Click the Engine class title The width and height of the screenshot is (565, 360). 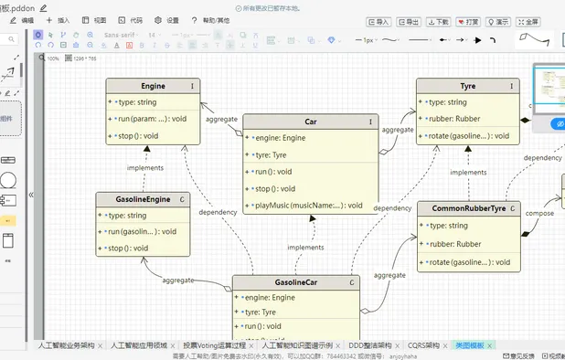point(153,86)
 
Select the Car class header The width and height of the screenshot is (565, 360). point(310,122)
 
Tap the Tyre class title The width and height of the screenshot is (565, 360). point(467,86)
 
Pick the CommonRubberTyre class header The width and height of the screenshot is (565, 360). point(467,208)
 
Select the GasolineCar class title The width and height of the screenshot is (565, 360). point(295,282)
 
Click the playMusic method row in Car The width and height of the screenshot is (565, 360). point(308,205)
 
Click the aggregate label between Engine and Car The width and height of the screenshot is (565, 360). point(222,120)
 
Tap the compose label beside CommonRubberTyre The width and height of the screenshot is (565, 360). point(539,214)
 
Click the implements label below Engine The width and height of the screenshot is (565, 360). point(145,167)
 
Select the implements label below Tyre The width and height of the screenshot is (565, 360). point(468,172)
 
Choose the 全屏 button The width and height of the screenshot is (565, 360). point(528,22)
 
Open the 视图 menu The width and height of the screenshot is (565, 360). point(95,19)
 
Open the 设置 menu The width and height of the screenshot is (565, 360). point(167,19)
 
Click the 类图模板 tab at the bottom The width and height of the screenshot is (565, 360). point(471,346)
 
